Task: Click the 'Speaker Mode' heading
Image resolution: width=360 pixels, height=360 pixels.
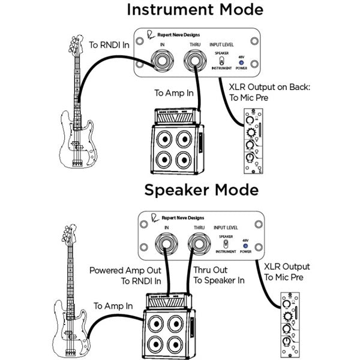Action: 202,191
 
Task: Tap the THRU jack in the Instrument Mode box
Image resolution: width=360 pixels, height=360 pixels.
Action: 193,61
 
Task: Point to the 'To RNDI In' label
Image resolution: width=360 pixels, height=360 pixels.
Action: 110,46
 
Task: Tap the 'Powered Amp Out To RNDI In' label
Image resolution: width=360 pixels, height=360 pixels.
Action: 126,275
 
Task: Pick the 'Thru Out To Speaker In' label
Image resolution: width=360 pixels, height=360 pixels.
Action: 220,275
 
